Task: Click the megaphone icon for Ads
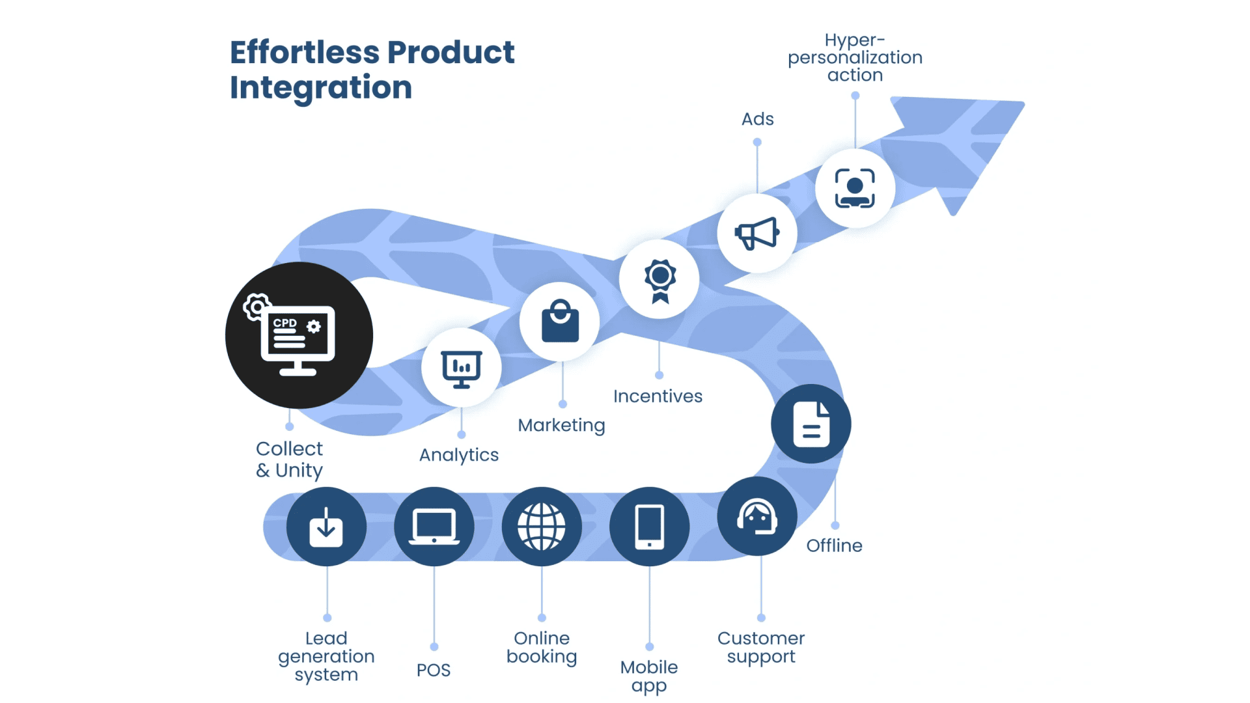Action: pyautogui.click(x=757, y=233)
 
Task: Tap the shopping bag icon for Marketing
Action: pyautogui.click(x=560, y=321)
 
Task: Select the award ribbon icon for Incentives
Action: pyautogui.click(x=660, y=280)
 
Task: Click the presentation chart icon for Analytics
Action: pyautogui.click(x=461, y=368)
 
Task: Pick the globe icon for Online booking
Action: pyautogui.click(x=542, y=527)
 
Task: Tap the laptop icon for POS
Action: pyautogui.click(x=434, y=527)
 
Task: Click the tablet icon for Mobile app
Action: pyautogui.click(x=649, y=527)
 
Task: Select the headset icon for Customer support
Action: pyautogui.click(x=757, y=517)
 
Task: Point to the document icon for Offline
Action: pyautogui.click(x=811, y=424)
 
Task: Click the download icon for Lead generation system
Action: pyautogui.click(x=326, y=527)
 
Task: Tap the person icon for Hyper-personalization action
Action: pyautogui.click(x=855, y=188)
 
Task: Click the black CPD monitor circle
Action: pyautogui.click(x=299, y=335)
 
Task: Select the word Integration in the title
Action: pyautogui.click(x=321, y=87)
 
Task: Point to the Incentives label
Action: pyautogui.click(x=658, y=396)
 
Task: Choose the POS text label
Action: pyautogui.click(x=434, y=670)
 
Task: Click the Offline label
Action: pyautogui.click(x=834, y=545)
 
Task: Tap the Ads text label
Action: pyautogui.click(x=757, y=119)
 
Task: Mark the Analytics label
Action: pyautogui.click(x=459, y=455)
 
